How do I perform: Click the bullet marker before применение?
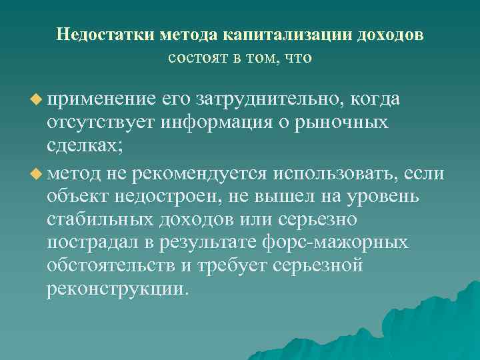[36, 99]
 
